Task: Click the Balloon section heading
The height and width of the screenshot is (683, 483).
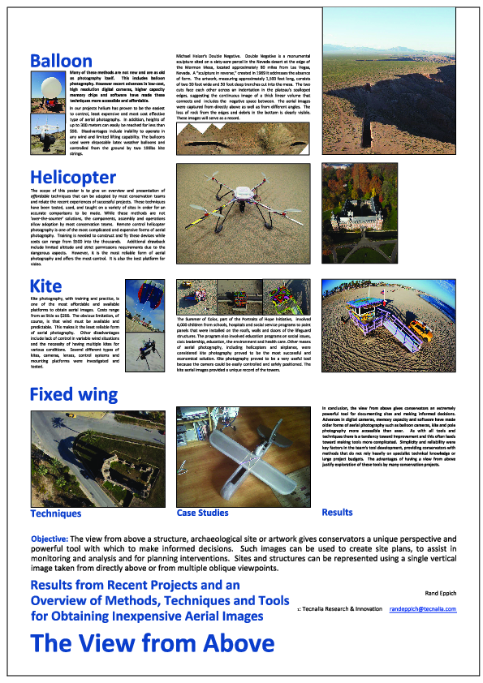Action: click(61, 60)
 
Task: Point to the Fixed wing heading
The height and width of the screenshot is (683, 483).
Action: click(74, 395)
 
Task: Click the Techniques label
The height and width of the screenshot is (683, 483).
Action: click(56, 513)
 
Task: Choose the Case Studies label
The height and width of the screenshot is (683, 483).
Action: click(202, 513)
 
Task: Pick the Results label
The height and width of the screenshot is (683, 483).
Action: click(337, 512)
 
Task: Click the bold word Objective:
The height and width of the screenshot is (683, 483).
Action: click(54, 539)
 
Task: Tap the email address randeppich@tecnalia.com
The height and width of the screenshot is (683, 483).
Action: click(422, 608)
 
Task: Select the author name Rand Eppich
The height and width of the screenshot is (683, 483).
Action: click(436, 593)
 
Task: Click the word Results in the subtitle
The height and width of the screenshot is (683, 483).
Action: click(58, 585)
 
